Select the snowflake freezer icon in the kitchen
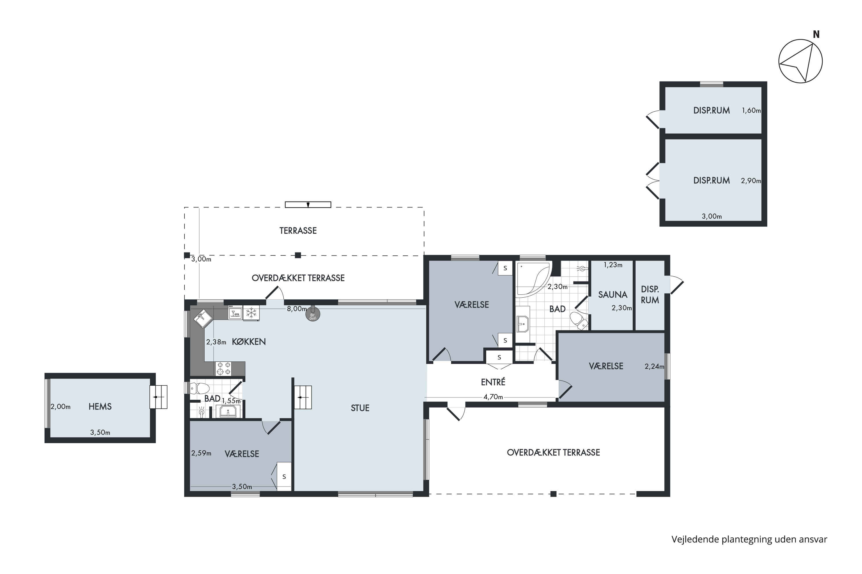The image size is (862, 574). point(251,313)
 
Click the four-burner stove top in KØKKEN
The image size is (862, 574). point(224,368)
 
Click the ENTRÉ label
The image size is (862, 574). point(493,382)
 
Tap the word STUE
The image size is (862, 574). point(360,408)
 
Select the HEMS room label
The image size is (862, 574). point(100,407)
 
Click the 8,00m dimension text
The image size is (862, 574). point(297,309)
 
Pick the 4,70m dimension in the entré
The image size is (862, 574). point(493,397)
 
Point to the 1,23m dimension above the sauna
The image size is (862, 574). point(613,265)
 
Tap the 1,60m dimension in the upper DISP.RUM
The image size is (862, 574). point(751,110)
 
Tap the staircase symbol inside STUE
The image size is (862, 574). point(303,397)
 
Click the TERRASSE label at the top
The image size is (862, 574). point(298,231)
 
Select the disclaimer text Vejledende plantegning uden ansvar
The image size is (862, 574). point(749,540)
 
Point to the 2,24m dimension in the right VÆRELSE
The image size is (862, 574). point(654,366)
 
